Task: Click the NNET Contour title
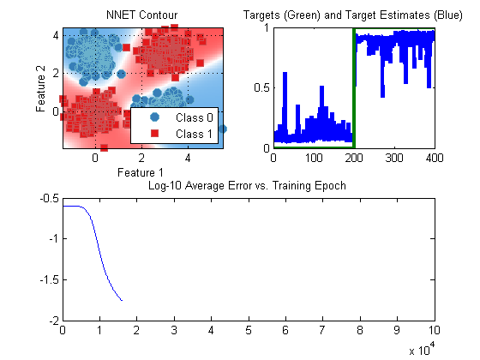141,15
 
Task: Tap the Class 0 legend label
194,117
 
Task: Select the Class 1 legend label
194,134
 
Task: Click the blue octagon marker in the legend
154,117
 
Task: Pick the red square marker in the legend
154,133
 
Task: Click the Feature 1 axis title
141,172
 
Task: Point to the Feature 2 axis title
40,88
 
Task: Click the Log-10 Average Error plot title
247,186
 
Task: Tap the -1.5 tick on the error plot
50,279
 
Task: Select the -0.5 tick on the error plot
50,198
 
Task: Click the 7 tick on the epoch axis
322,330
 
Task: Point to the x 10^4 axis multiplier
422,349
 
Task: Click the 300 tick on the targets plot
394,158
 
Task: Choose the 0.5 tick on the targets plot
262,87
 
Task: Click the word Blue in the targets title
447,15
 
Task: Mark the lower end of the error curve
122,301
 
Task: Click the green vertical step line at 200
354,88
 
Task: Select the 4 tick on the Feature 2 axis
56,35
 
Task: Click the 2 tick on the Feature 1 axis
141,158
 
